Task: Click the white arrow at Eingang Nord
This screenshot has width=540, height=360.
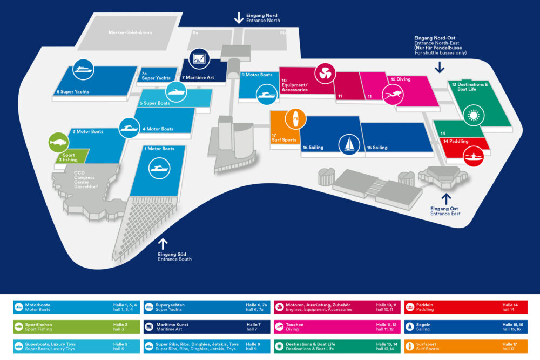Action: [239, 17]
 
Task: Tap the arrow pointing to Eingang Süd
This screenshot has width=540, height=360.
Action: [163, 244]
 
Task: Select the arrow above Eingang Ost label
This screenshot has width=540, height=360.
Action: [447, 198]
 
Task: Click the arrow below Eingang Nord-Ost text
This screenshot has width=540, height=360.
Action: [440, 67]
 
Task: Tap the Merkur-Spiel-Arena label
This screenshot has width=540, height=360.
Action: [130, 32]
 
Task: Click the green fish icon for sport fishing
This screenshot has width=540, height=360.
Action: [58, 143]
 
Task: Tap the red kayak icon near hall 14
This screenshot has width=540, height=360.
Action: [474, 157]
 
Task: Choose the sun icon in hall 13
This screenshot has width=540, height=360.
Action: [474, 116]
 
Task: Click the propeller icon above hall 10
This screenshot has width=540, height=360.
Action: [326, 75]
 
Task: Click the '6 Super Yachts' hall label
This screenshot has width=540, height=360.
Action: [73, 92]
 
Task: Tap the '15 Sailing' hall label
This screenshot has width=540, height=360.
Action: [377, 148]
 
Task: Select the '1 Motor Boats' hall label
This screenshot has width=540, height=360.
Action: [159, 149]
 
